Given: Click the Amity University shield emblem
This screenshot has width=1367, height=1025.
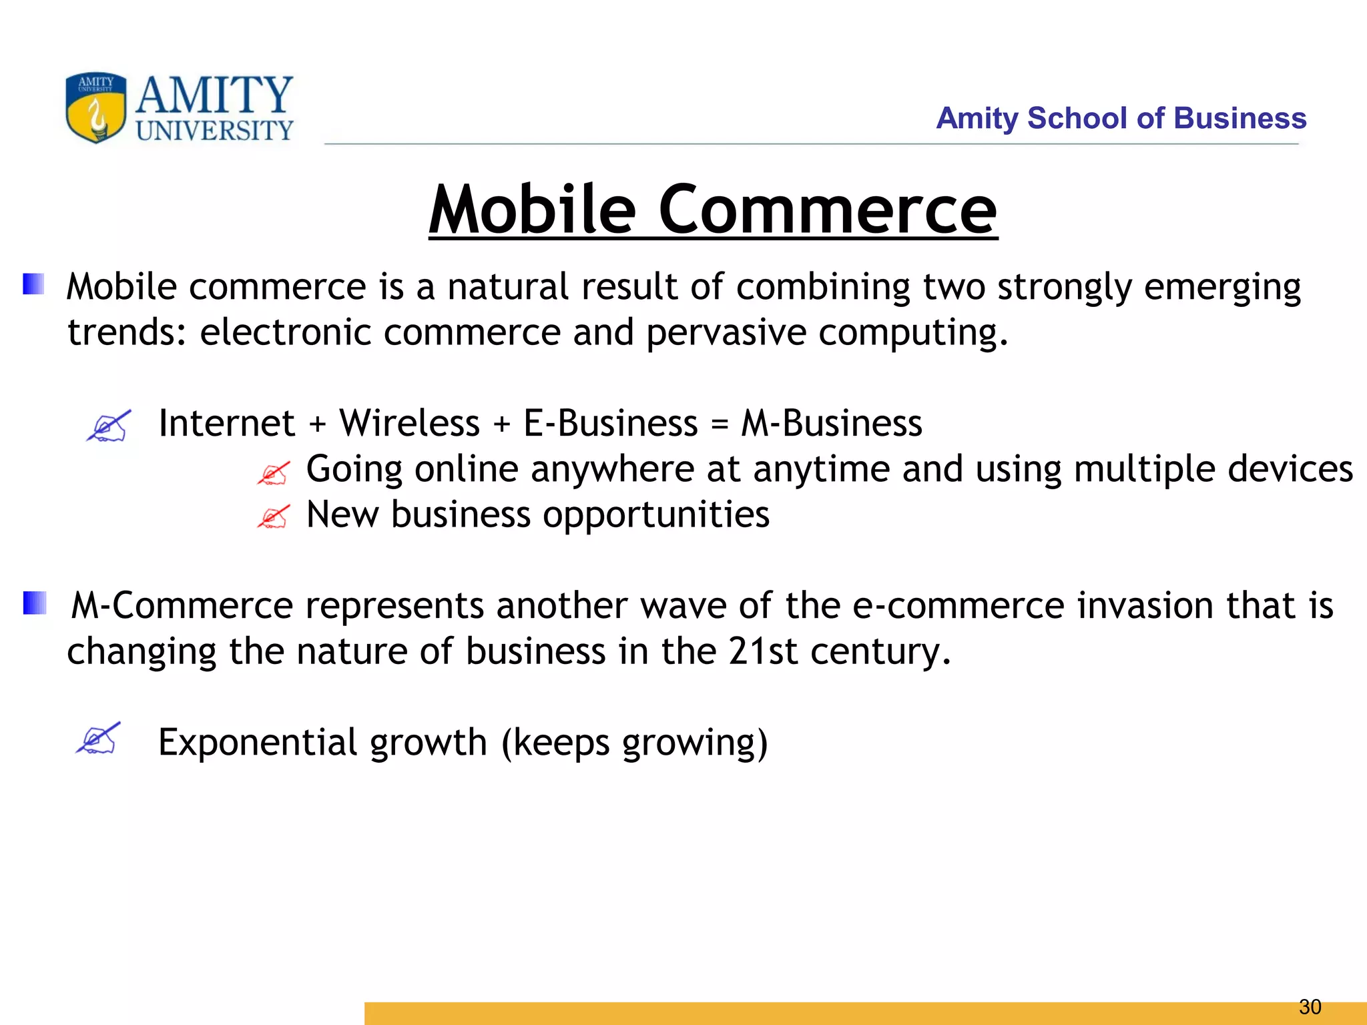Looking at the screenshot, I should pyautogui.click(x=95, y=107).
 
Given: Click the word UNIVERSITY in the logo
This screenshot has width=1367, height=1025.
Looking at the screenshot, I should pyautogui.click(x=214, y=130).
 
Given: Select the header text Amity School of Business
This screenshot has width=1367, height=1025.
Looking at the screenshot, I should pyautogui.click(x=1121, y=118).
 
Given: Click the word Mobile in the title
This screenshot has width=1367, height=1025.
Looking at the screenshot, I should pyautogui.click(x=532, y=210).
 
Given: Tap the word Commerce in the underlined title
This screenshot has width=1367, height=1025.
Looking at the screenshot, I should pyautogui.click(x=827, y=210).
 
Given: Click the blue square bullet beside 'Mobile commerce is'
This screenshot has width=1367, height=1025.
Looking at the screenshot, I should pyautogui.click(x=33, y=284).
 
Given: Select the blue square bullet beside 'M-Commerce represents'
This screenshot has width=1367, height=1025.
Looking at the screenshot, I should pyautogui.click(x=34, y=603).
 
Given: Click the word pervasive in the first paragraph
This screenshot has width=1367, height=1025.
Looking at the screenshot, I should pyautogui.click(x=726, y=332).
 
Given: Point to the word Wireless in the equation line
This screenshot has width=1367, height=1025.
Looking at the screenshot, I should pyautogui.click(x=409, y=423).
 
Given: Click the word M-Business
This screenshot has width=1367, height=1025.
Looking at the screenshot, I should pyautogui.click(x=832, y=423).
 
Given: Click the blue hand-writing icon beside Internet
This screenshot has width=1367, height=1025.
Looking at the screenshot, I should pyautogui.click(x=109, y=426).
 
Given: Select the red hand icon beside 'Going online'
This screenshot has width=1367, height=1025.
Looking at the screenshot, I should pyautogui.click(x=273, y=472).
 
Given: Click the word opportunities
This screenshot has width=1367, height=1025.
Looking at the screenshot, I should pyautogui.click(x=655, y=515).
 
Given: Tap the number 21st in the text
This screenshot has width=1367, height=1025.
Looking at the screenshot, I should pyautogui.click(x=762, y=651).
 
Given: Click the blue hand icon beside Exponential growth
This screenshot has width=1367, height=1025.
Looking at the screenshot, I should pyautogui.click(x=98, y=738).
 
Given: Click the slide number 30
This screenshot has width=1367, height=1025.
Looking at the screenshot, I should pyautogui.click(x=1310, y=1006).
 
